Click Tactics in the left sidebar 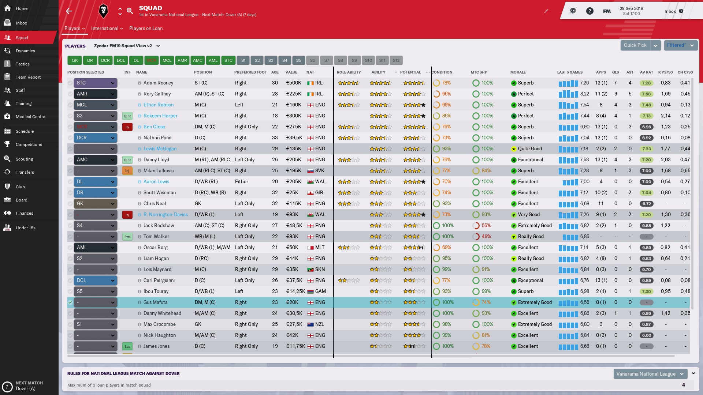point(22,64)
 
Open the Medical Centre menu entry point(30,117)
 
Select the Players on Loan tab point(146,29)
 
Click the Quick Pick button point(635,45)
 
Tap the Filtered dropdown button point(681,45)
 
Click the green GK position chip point(75,60)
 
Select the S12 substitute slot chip point(396,60)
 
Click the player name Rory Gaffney point(157,94)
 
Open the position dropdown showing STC point(95,83)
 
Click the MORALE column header point(518,72)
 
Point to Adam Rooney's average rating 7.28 point(646,83)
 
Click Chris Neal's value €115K point(294,204)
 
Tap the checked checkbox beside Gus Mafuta point(70,302)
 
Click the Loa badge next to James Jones point(127,346)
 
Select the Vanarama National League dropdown point(650,374)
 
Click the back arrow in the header point(69,11)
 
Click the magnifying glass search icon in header point(130,11)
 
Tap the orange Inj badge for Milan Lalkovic point(127,171)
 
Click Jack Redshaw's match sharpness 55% point(486,226)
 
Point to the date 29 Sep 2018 point(631,8)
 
